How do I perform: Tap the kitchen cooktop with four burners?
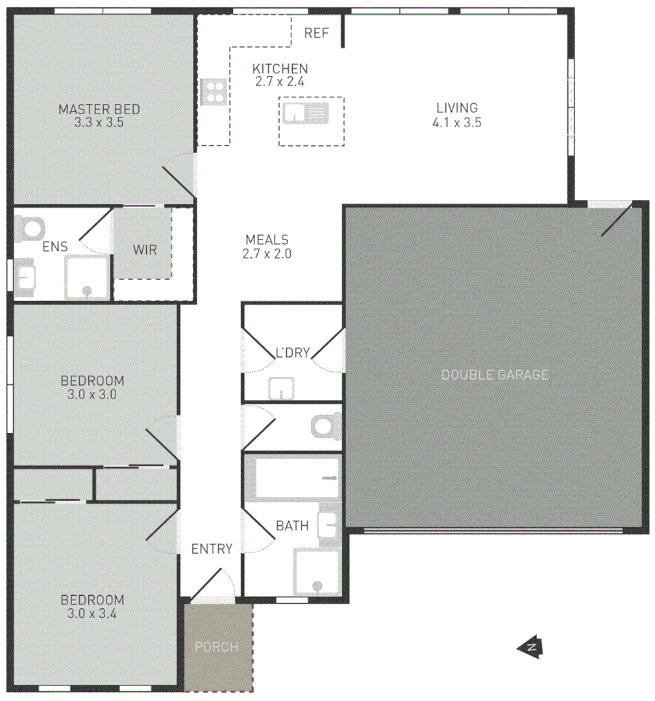tap(213, 92)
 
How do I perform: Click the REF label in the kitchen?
tap(317, 33)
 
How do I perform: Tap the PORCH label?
tap(217, 647)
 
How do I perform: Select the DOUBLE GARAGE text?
tap(495, 375)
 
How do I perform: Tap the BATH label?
tap(292, 526)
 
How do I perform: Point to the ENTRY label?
tap(212, 549)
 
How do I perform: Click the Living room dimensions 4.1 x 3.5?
tap(457, 122)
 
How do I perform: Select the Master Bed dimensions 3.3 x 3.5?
tap(99, 121)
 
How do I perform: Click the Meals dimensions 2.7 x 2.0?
tap(267, 254)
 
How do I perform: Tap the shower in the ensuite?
tap(87, 277)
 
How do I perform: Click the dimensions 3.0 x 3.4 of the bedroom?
tap(92, 613)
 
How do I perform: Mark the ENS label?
tap(55, 247)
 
